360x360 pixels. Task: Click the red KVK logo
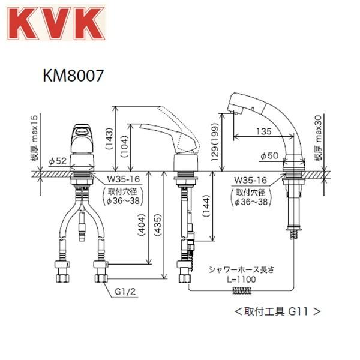point(56,23)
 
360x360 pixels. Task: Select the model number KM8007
point(73,76)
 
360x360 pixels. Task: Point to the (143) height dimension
point(109,139)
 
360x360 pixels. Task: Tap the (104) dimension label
point(124,146)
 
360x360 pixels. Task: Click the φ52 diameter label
point(58,161)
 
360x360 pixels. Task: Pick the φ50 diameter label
point(269,155)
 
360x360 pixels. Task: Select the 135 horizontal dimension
point(263,131)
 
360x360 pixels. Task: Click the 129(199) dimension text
point(215,142)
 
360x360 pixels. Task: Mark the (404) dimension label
point(142,225)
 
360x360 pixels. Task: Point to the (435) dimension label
point(158,225)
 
